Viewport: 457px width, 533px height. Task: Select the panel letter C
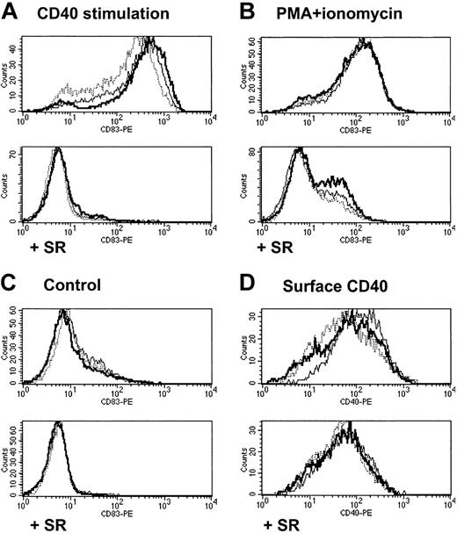(11, 285)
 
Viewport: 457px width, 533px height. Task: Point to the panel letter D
(243, 285)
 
